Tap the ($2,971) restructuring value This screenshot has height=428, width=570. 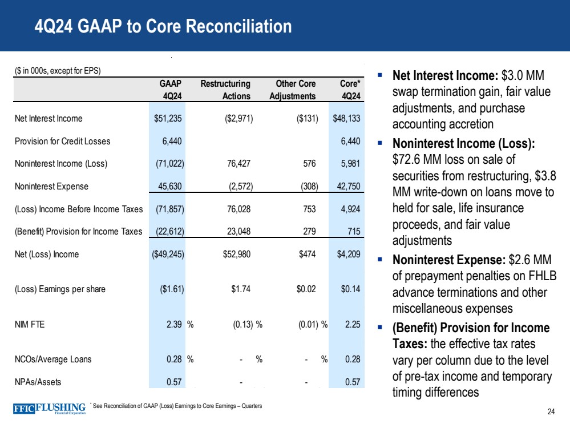[236, 119]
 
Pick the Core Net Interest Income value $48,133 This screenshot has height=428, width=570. [347, 119]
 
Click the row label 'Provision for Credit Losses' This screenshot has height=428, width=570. [63, 141]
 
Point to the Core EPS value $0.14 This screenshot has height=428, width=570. [350, 289]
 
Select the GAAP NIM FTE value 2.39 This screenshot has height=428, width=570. [173, 324]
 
